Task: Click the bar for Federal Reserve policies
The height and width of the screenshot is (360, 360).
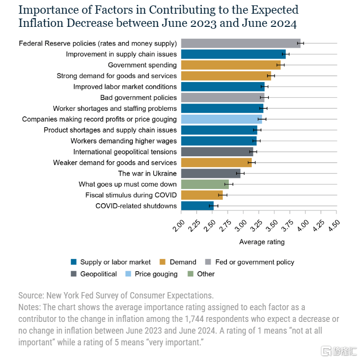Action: [x=240, y=43]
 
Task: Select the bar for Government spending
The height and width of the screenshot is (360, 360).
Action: [x=230, y=65]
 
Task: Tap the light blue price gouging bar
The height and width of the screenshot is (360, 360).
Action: [x=221, y=119]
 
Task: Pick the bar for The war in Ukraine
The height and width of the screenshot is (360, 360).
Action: [x=211, y=173]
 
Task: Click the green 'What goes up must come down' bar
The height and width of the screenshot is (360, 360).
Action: [x=205, y=184]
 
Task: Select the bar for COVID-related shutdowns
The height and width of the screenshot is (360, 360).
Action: [x=197, y=206]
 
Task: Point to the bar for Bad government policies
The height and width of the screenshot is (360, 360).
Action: [x=222, y=98]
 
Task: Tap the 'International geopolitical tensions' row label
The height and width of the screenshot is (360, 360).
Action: [x=125, y=152]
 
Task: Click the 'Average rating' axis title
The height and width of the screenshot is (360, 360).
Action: [x=262, y=242]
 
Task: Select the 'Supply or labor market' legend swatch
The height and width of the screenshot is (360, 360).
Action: [x=74, y=262]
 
